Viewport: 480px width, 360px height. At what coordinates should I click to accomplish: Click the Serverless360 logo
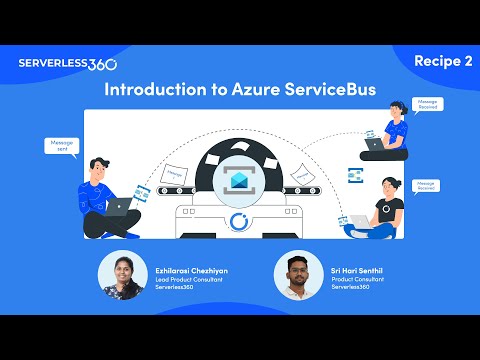[67, 63]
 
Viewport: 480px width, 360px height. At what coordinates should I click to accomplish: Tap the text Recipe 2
[443, 62]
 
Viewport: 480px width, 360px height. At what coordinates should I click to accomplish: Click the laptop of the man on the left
[119, 207]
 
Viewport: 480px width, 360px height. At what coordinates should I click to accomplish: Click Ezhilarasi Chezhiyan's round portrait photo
[124, 276]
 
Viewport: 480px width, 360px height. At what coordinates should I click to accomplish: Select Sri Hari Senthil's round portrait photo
[297, 276]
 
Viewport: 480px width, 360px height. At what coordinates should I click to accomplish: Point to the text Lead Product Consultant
[191, 278]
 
